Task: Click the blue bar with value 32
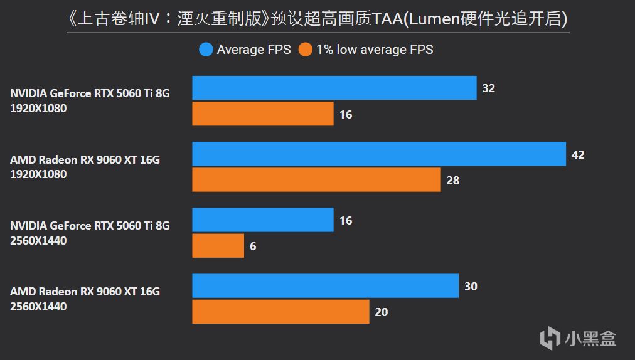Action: tap(334, 88)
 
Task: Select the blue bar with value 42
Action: tap(379, 154)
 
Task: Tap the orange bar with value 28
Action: tap(316, 180)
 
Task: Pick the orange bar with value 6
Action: tap(218, 246)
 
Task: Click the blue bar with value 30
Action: tap(325, 286)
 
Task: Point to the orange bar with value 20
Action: tap(280, 312)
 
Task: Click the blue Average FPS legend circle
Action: tap(206, 50)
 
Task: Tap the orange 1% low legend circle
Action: tap(306, 50)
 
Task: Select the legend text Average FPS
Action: tap(253, 50)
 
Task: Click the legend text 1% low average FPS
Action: tap(375, 50)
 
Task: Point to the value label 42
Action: tap(578, 154)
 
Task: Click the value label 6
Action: tap(253, 246)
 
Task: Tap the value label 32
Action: tap(488, 88)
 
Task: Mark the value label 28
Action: tap(452, 181)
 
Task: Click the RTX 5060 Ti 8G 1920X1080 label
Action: tap(90, 100)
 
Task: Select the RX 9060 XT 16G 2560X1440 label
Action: tap(85, 299)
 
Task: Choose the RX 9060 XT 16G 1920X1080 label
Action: tap(85, 167)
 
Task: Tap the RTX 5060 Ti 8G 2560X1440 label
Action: tap(90, 233)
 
